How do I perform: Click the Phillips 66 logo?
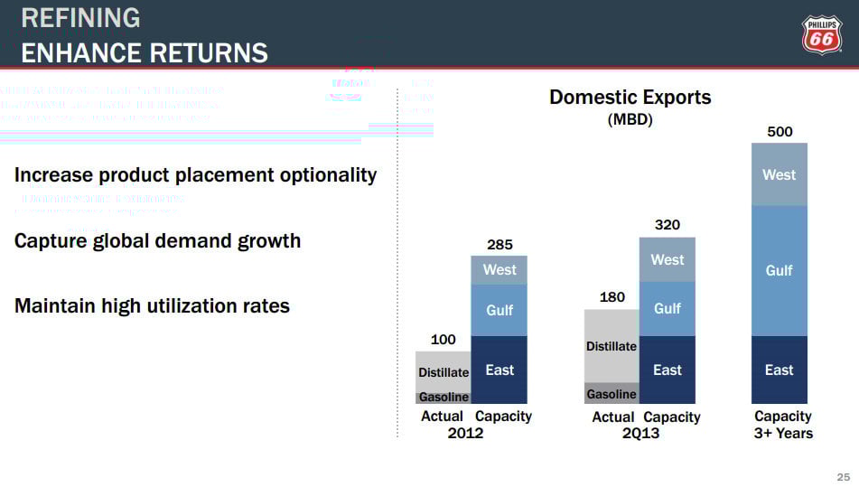(x=821, y=37)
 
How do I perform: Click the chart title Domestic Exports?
(x=630, y=98)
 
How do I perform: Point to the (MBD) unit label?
(x=630, y=119)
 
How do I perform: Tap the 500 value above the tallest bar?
(x=780, y=132)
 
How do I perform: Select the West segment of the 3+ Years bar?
(x=780, y=174)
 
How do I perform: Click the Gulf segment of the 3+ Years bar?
(x=780, y=270)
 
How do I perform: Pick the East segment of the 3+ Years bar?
(x=780, y=370)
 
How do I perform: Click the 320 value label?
(x=667, y=225)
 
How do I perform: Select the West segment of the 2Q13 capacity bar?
(x=667, y=259)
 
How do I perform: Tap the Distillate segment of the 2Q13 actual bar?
(x=612, y=346)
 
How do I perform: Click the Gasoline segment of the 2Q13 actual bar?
(x=612, y=394)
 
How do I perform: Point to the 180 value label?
(x=612, y=297)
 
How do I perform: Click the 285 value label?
(x=500, y=244)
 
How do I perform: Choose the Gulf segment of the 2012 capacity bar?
(x=500, y=310)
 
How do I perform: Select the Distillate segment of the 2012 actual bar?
(x=444, y=371)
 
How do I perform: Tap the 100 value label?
(x=443, y=340)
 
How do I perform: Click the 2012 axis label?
(x=465, y=434)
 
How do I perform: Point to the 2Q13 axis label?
(x=640, y=434)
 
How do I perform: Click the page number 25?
(x=844, y=477)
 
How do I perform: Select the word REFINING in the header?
(x=80, y=18)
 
